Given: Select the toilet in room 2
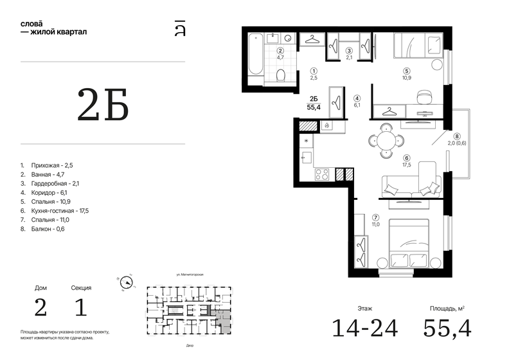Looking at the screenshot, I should [x=280, y=76].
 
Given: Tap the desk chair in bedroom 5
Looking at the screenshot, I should [x=422, y=97].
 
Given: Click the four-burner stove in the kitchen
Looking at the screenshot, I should [x=322, y=174].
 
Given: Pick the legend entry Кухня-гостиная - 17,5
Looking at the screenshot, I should [x=55, y=210].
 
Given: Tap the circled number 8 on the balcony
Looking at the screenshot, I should [x=457, y=136].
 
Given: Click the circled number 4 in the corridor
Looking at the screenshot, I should [x=357, y=99].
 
